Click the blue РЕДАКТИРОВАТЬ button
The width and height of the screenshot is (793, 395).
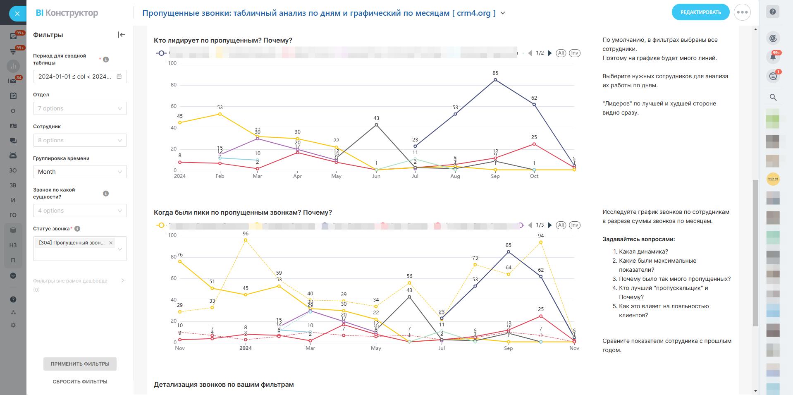[700, 12]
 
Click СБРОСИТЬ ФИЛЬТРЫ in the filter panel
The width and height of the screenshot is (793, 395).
[80, 382]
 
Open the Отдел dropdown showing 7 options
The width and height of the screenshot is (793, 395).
[80, 108]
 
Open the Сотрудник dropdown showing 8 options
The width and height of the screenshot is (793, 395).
[80, 140]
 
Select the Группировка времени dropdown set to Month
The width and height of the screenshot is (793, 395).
[80, 172]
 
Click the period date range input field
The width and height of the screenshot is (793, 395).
[80, 77]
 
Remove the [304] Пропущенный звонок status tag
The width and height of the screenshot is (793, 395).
[111, 243]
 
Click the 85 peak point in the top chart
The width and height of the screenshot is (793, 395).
[495, 80]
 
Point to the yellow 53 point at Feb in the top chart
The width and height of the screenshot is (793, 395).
[220, 114]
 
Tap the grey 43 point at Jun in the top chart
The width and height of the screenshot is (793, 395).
[376, 124]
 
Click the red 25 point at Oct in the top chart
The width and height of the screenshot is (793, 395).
[534, 144]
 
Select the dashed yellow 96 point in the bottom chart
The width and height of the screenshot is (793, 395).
[246, 240]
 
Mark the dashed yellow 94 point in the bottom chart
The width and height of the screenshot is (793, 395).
[541, 242]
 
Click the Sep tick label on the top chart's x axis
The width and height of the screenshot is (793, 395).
[495, 176]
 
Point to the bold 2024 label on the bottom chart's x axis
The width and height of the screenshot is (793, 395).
[246, 348]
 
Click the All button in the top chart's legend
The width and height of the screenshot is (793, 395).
[561, 53]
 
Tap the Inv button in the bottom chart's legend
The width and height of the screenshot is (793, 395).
[574, 225]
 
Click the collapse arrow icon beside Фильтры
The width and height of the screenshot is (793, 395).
[122, 35]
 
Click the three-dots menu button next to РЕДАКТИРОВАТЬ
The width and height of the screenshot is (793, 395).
[742, 12]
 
